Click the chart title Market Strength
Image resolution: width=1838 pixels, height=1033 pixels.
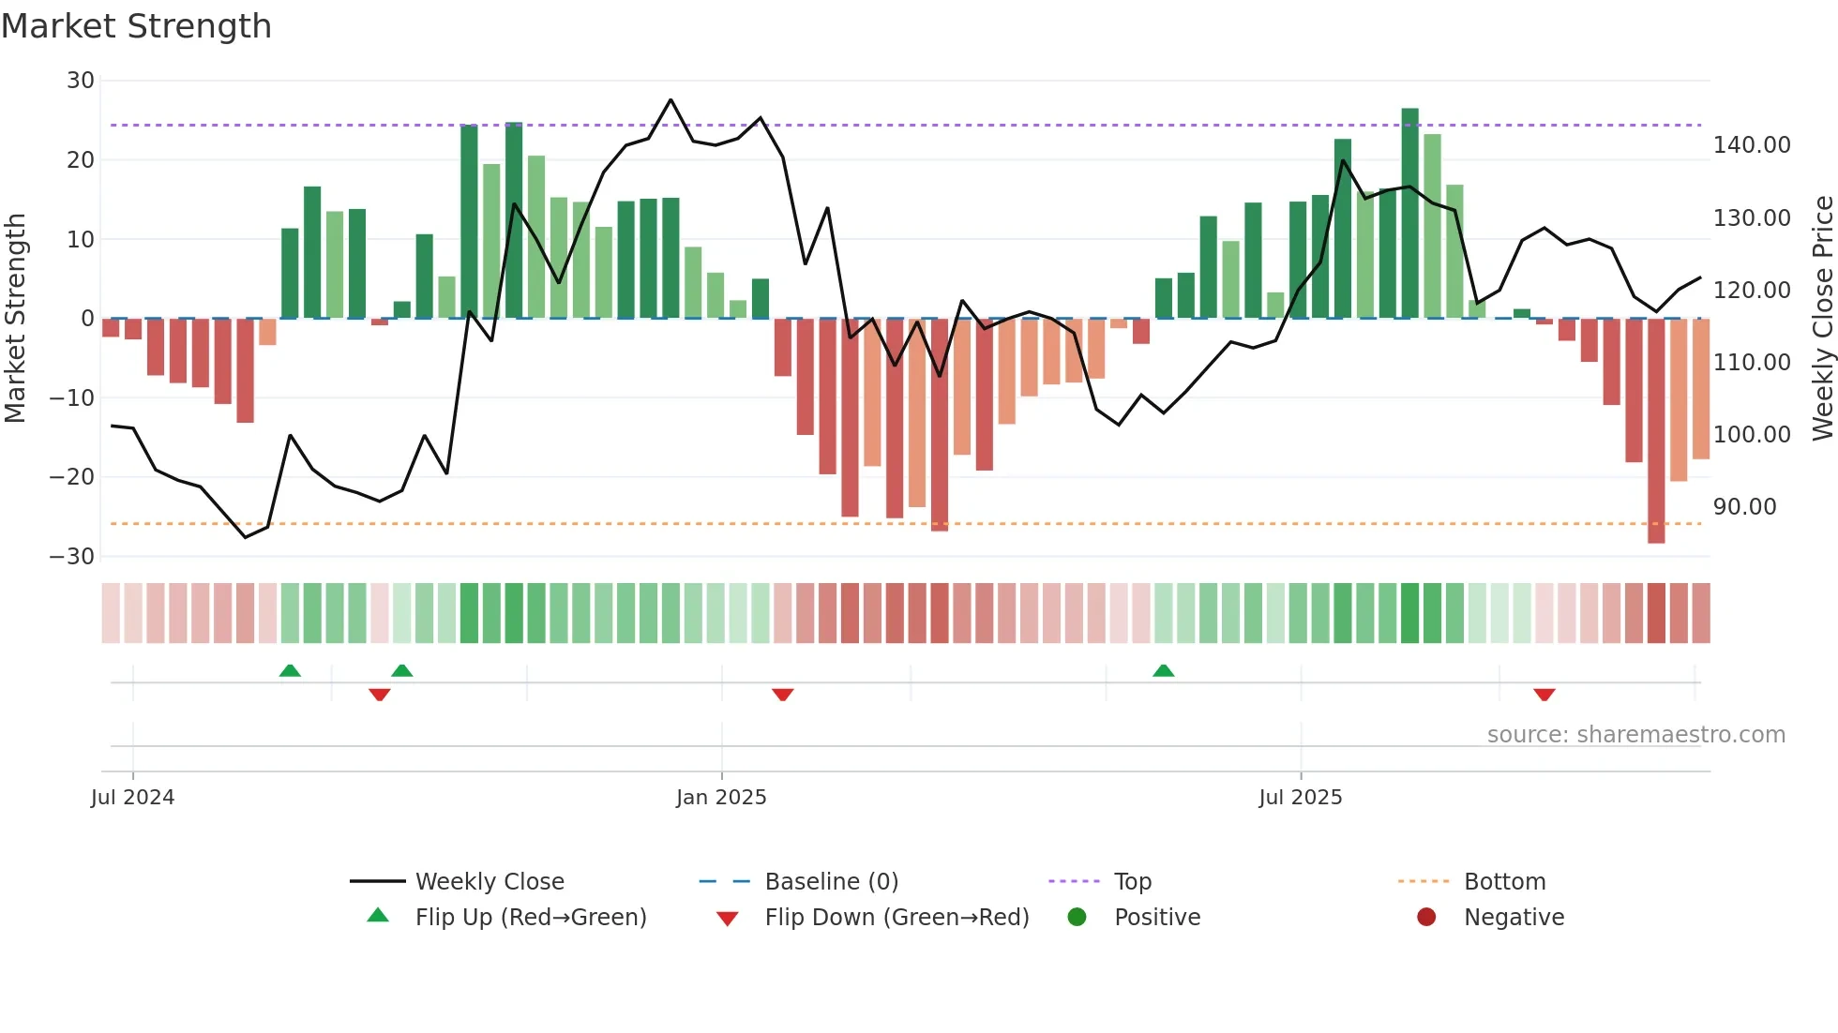[136, 26]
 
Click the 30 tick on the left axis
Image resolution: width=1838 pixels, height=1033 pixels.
[81, 81]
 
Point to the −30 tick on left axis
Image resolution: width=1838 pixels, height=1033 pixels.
[72, 557]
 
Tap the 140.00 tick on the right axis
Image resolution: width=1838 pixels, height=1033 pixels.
[1752, 145]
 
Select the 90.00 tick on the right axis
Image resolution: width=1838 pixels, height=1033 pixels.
[1744, 507]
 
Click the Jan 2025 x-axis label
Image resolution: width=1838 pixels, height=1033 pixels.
[721, 798]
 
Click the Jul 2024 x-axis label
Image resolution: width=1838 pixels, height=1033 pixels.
[132, 798]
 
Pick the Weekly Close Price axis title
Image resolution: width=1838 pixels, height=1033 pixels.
[1822, 318]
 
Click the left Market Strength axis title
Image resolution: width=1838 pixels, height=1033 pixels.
[15, 318]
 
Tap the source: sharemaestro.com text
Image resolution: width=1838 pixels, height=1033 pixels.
[1635, 735]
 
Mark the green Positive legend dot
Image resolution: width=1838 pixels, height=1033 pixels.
[1077, 918]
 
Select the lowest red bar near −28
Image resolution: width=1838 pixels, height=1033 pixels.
[1656, 431]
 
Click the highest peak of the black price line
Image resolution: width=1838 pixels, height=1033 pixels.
[670, 99]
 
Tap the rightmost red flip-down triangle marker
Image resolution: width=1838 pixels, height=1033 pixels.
[1544, 695]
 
